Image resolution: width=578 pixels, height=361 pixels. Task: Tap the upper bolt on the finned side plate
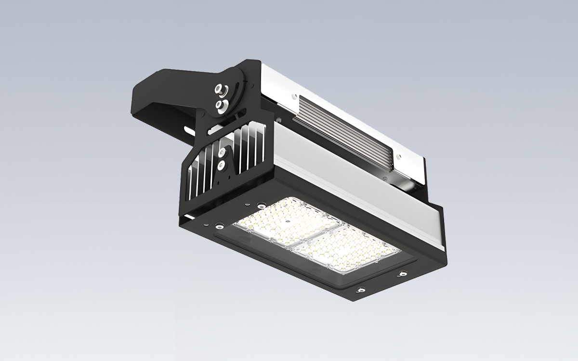click(x=222, y=153)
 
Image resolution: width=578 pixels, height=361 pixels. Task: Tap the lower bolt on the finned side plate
click(x=221, y=166)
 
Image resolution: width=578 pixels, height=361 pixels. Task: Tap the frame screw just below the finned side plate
click(x=261, y=204)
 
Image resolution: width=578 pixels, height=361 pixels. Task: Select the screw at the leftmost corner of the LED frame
click(x=219, y=223)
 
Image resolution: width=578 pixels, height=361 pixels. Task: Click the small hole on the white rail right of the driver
click(x=398, y=156)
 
